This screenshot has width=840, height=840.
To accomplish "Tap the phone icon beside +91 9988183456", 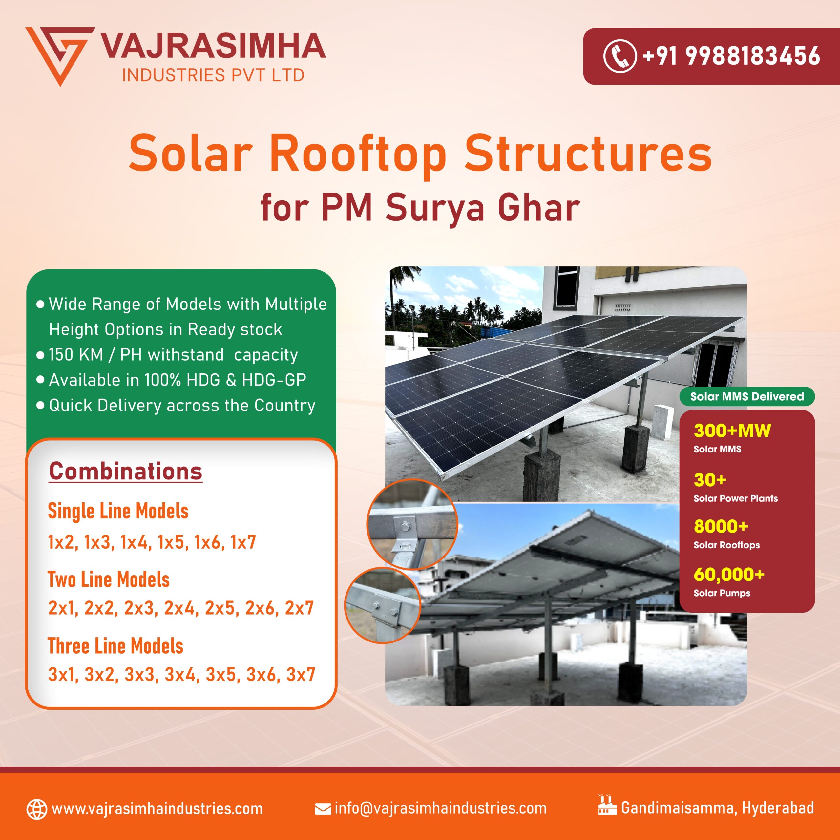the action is [x=619, y=56].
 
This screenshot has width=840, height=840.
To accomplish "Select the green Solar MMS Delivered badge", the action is [x=746, y=396].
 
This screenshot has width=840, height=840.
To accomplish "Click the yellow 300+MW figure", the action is [x=732, y=431].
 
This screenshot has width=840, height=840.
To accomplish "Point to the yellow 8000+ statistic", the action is [x=721, y=527].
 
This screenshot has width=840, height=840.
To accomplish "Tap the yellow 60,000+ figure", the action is [x=729, y=574].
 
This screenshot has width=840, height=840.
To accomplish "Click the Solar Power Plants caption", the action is [x=736, y=498].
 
